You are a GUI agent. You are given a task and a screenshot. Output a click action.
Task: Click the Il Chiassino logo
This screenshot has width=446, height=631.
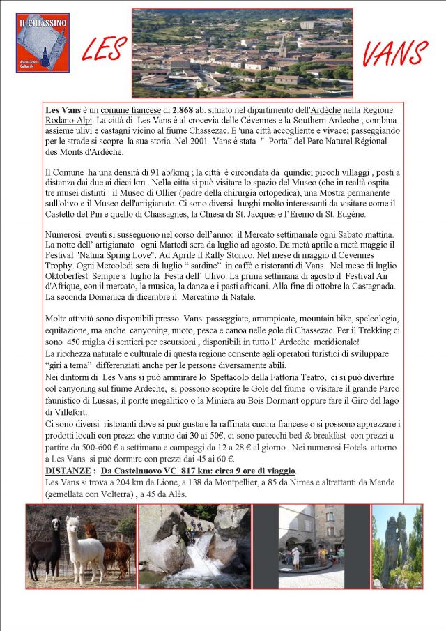43,43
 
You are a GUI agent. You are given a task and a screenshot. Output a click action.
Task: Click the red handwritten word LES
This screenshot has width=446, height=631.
105,51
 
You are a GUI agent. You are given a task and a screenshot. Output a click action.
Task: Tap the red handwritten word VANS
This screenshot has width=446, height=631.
395,54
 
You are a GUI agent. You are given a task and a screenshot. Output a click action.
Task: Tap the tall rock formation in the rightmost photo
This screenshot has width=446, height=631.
395,547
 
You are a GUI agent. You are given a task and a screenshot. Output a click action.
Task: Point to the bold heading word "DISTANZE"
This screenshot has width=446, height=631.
67,471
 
